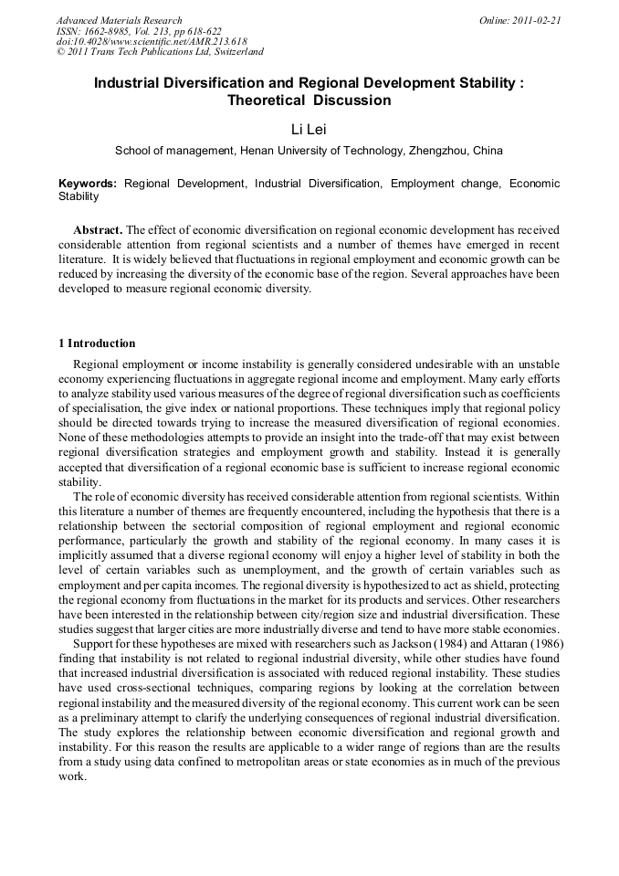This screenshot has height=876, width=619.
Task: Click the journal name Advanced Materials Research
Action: (120, 20)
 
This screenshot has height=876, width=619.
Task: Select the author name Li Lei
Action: (309, 132)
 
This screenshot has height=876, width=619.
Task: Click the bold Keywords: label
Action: (88, 184)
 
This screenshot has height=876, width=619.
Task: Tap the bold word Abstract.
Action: (97, 230)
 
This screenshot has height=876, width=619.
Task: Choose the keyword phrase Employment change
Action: (445, 184)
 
